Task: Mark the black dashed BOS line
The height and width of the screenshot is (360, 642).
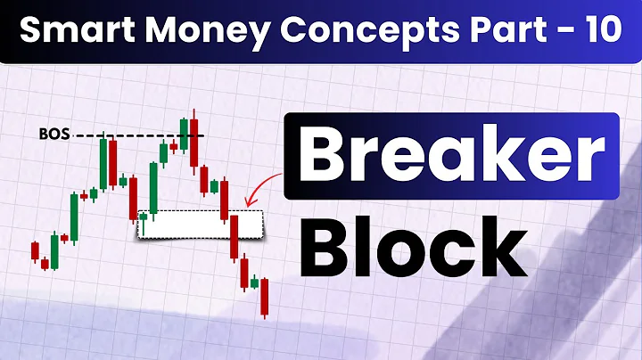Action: (x=143, y=135)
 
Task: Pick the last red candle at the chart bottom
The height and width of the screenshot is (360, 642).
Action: (x=265, y=297)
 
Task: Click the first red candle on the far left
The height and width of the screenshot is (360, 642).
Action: (x=35, y=250)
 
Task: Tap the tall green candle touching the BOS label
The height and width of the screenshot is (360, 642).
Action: (x=103, y=160)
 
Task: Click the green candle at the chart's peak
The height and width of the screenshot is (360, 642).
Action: (x=184, y=134)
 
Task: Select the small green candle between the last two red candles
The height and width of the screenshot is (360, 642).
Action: (x=254, y=283)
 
